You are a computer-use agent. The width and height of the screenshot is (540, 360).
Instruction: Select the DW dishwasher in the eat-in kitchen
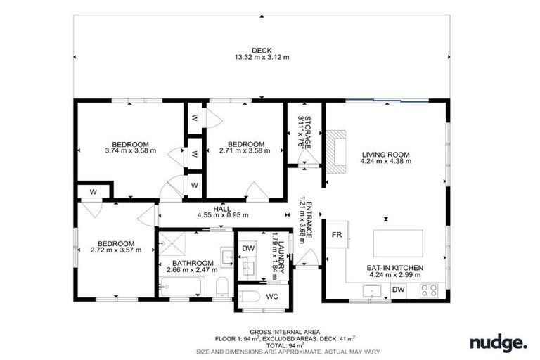(x=399, y=290)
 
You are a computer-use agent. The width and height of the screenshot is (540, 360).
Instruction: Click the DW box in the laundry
(x=248, y=248)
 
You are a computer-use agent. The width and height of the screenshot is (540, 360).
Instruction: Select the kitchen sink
(x=371, y=290)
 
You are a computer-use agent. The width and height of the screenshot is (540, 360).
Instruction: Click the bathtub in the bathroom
(x=181, y=287)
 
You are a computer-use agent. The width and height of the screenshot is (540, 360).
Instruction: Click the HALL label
(x=222, y=209)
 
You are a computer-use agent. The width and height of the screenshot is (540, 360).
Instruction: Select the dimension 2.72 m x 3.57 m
(x=116, y=250)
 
